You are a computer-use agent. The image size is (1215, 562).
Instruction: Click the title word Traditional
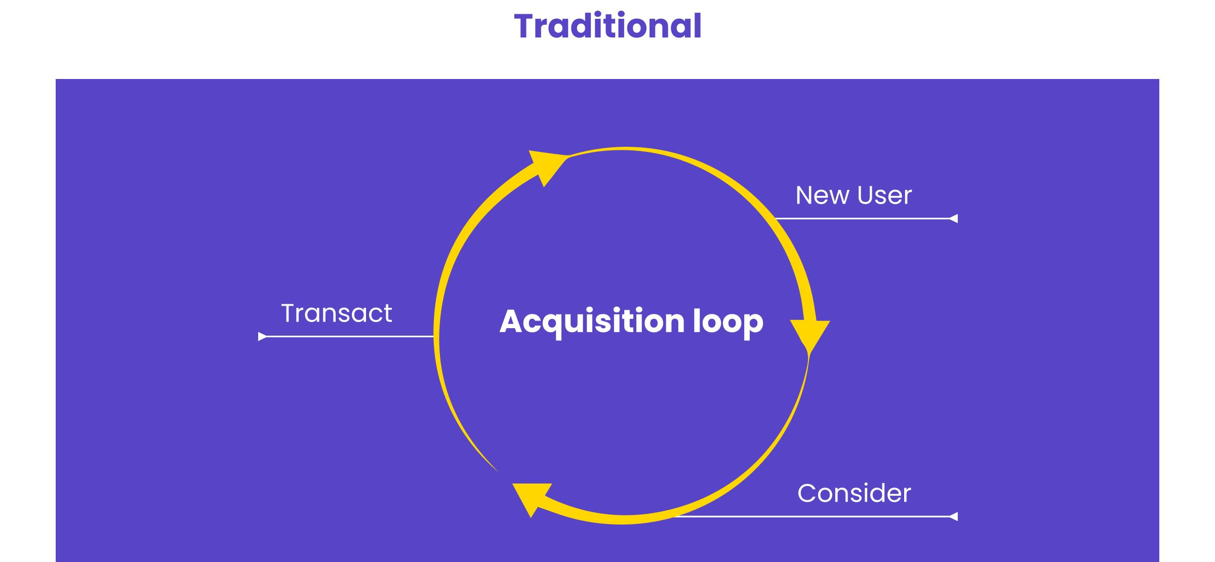pos(607,26)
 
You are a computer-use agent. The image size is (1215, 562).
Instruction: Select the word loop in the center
pos(728,322)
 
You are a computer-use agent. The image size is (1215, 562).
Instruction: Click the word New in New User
pos(822,195)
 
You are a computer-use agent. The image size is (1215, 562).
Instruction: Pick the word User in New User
pos(884,195)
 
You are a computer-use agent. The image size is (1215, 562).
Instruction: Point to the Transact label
pos(337,313)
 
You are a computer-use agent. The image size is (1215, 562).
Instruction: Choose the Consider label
pos(854,494)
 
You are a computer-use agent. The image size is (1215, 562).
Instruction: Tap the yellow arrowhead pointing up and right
pos(547,165)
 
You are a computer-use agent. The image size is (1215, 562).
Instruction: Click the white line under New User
pos(861,219)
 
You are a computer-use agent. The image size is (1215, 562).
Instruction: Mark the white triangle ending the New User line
pos(954,219)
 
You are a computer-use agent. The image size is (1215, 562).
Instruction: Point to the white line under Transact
pos(349,336)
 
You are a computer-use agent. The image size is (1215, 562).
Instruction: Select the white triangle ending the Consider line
pos(954,516)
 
